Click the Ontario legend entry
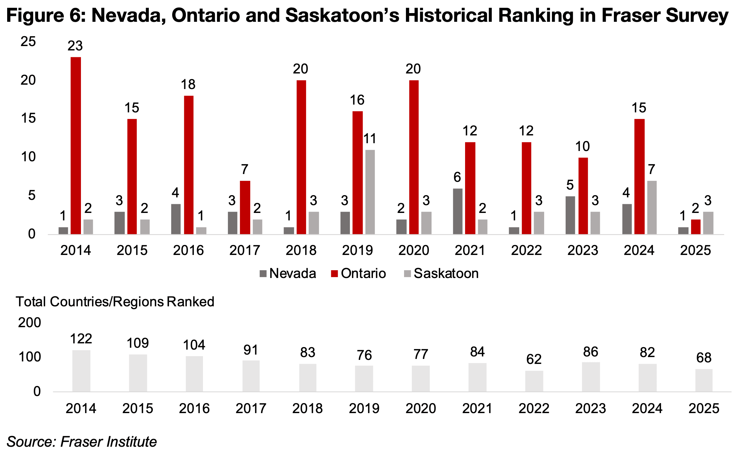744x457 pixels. [x=358, y=274]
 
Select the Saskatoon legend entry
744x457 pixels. [x=441, y=274]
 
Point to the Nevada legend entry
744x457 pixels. [x=288, y=274]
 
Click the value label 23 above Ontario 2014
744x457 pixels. [x=75, y=46]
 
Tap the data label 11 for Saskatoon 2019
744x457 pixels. [x=370, y=139]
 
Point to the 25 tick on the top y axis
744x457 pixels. [x=28, y=42]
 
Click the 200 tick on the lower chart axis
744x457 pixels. [x=29, y=323]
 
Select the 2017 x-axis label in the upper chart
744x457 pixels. [x=244, y=250]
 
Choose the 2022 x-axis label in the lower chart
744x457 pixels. [x=534, y=408]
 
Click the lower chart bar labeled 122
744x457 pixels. [x=81, y=371]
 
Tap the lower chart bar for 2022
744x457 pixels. [x=534, y=381]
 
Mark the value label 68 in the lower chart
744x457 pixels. [x=704, y=358]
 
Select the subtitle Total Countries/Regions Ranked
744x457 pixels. [x=115, y=302]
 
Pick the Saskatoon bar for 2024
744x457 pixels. [x=652, y=207]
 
